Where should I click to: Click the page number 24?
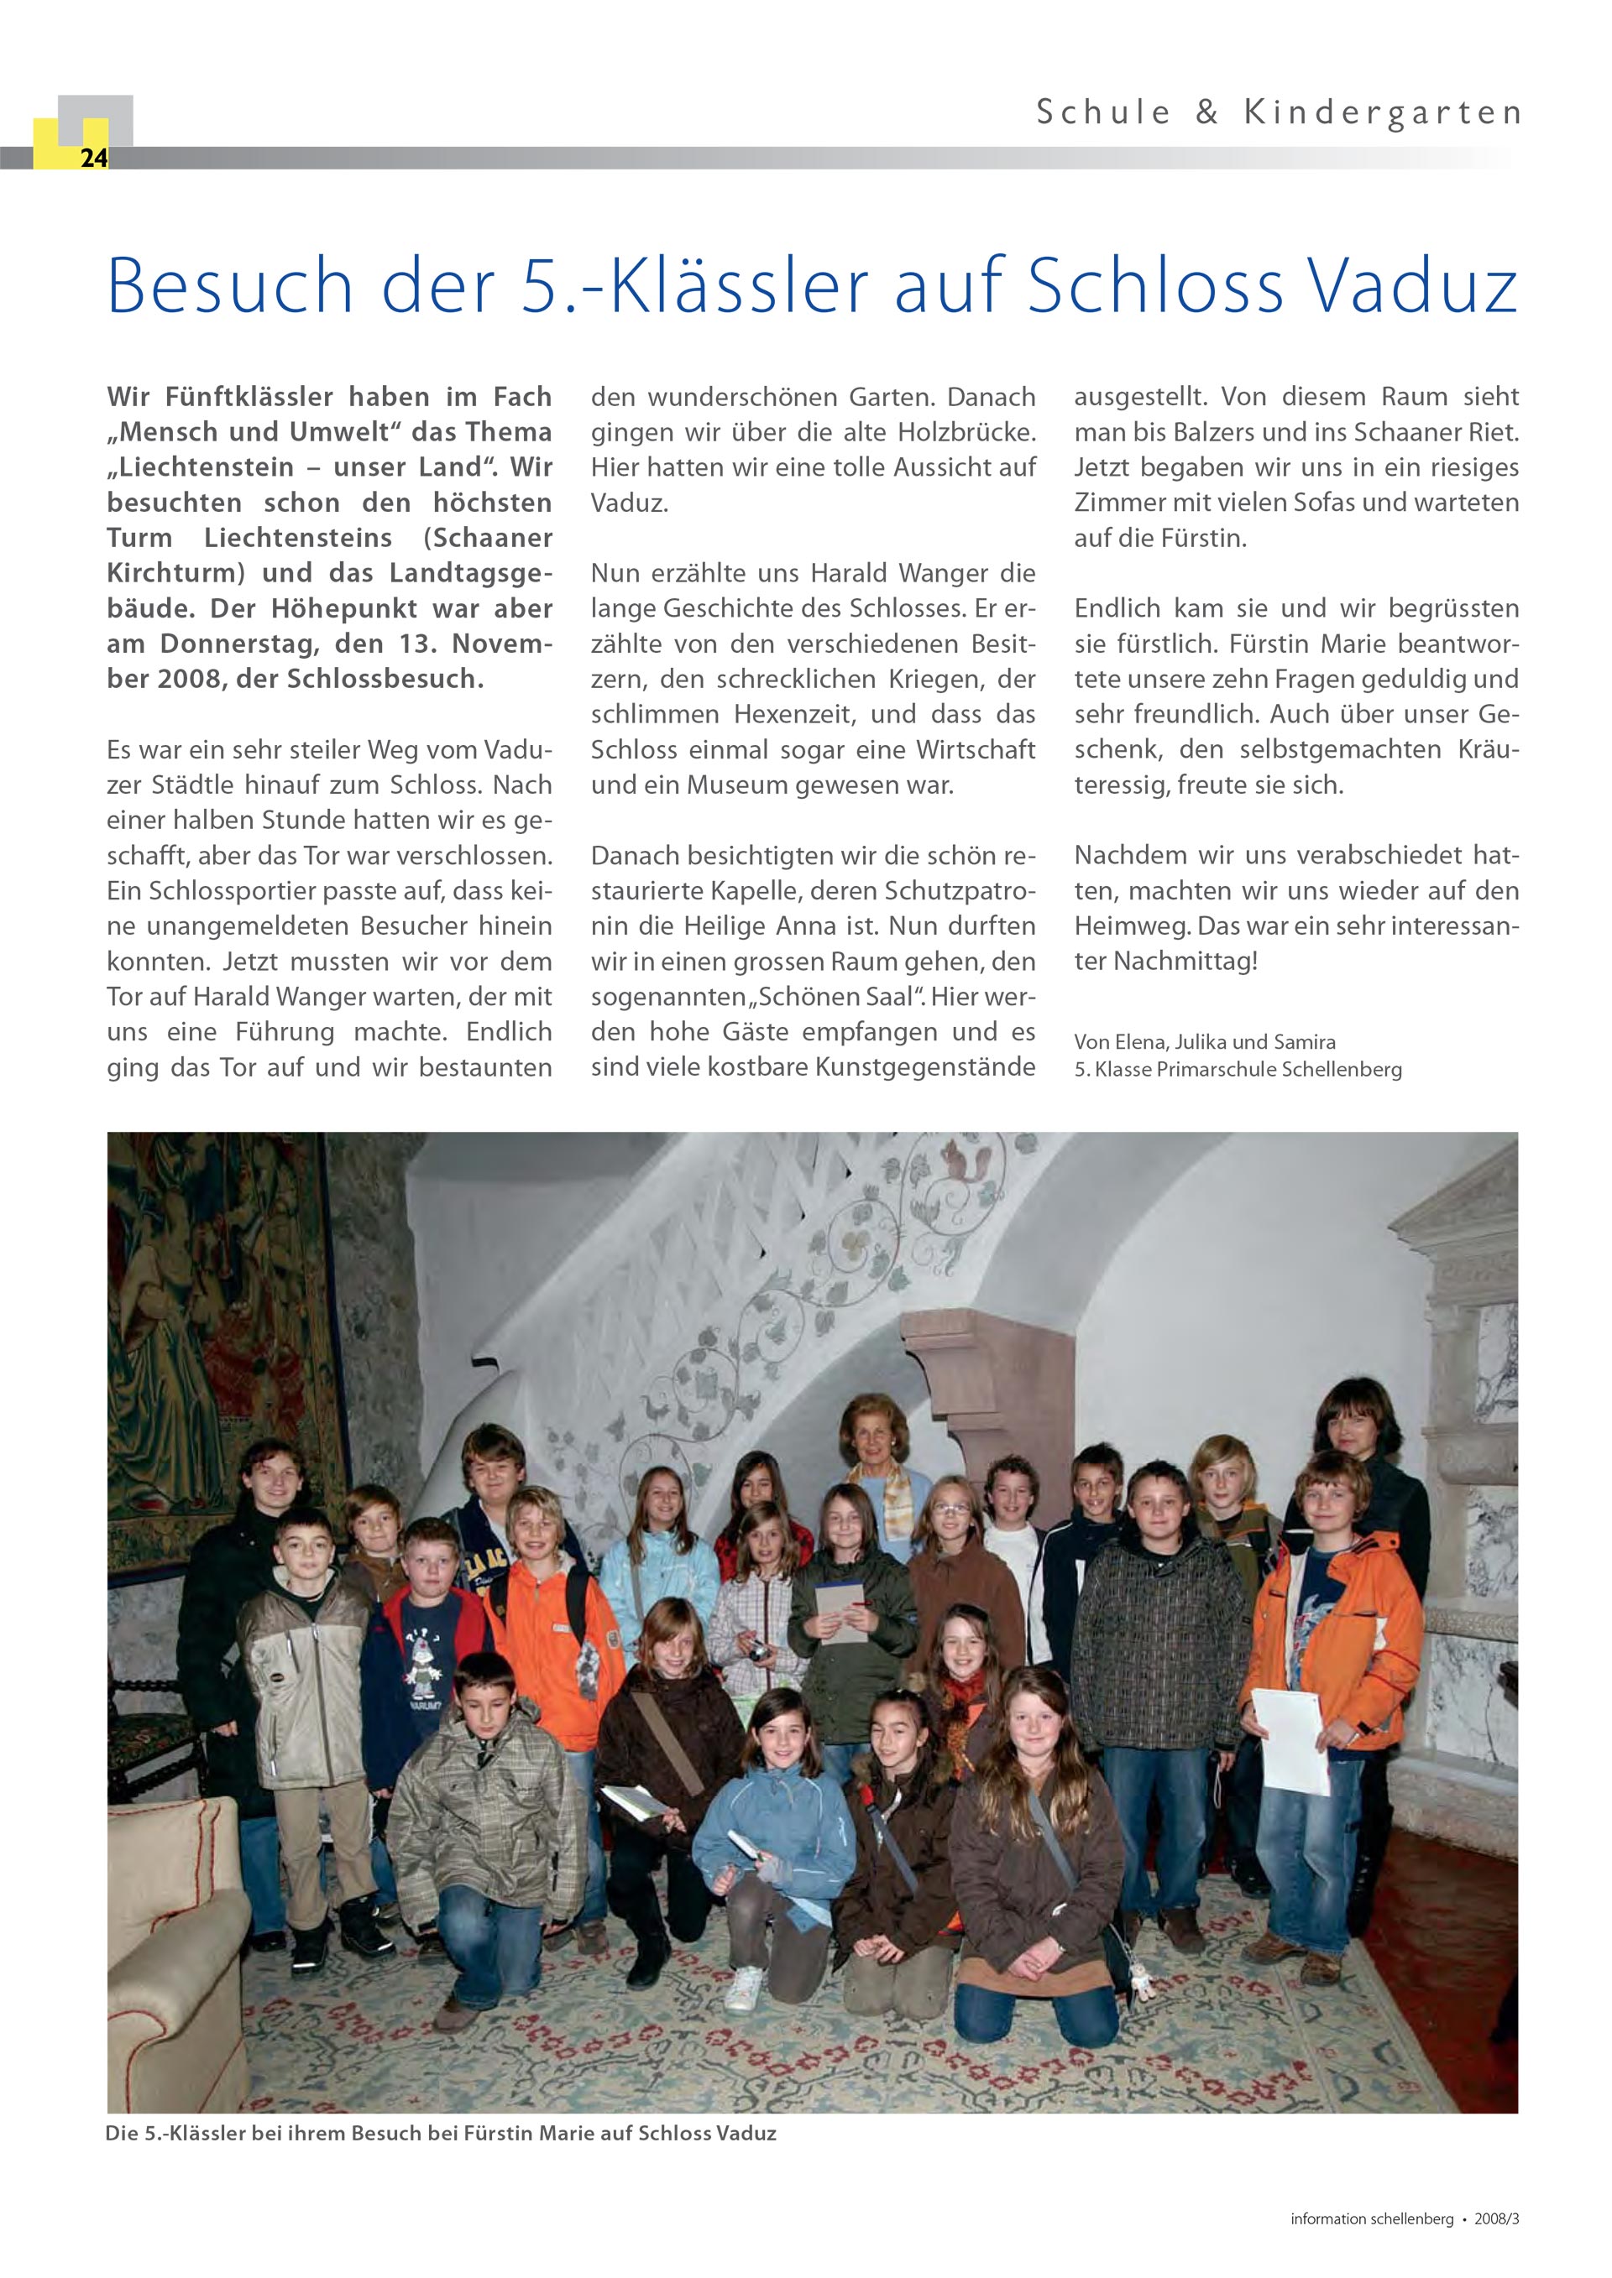point(93,158)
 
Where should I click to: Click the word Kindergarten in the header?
point(1382,113)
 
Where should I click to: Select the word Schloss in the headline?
point(1154,287)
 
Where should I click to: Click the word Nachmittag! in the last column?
point(1185,962)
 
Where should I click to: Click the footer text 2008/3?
point(1496,2219)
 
